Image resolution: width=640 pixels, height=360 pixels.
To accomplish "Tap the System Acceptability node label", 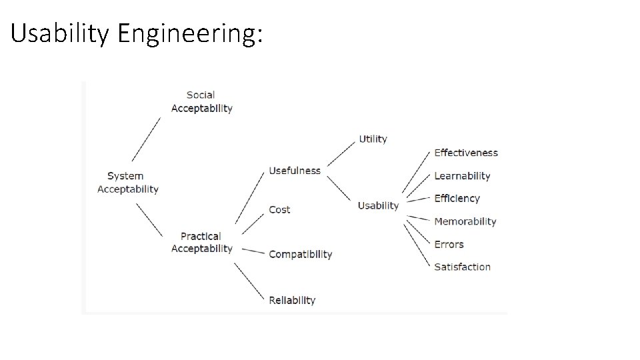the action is (128, 182).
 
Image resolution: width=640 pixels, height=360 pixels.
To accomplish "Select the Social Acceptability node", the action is (201, 101).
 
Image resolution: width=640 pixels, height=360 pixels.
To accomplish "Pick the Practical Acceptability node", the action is (201, 242).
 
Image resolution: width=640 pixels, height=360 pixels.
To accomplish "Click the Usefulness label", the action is (295, 171).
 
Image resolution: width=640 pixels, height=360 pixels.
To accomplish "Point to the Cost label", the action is (279, 209).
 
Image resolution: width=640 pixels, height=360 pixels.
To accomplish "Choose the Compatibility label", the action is (300, 254).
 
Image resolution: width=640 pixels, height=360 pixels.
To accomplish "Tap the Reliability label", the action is (292, 300).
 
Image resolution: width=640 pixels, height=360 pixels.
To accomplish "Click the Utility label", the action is (373, 139).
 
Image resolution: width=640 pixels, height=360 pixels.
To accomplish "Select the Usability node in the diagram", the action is (378, 205).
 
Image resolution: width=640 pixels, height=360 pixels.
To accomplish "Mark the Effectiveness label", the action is (466, 153).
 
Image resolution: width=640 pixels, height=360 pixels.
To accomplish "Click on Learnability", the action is (462, 176).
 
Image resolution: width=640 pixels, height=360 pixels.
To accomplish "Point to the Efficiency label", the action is (457, 198).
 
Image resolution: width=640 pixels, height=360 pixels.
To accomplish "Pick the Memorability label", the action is (465, 221).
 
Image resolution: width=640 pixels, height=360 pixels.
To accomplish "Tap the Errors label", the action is (449, 244).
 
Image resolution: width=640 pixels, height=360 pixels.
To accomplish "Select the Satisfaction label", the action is (462, 267).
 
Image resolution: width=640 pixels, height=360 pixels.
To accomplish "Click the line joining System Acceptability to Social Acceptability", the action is (146, 139).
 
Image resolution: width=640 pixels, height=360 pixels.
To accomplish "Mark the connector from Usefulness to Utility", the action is (340, 154).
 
